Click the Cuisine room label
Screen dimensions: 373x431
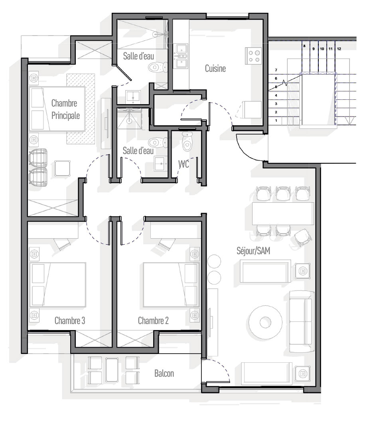click(215, 69)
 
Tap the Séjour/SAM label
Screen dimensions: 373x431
click(253, 251)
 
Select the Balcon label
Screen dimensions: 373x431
click(164, 373)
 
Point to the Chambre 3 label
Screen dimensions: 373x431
click(69, 320)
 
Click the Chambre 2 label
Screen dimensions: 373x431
click(153, 320)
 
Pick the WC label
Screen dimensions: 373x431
click(184, 164)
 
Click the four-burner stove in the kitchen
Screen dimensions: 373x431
click(253, 56)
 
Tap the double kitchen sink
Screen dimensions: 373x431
click(182, 56)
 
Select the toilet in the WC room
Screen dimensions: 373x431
click(187, 141)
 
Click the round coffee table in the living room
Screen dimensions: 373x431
click(265, 322)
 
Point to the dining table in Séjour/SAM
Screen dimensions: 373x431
click(283, 214)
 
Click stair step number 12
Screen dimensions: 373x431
click(339, 49)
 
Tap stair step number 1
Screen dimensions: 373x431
click(276, 121)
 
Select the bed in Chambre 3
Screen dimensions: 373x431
click(58, 285)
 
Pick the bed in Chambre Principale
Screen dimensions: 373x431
click(57, 109)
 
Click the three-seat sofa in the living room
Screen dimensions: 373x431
click(302, 321)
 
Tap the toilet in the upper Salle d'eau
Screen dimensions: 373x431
click(158, 67)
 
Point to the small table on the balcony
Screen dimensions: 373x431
click(112, 370)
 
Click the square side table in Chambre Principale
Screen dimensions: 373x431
click(62, 168)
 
